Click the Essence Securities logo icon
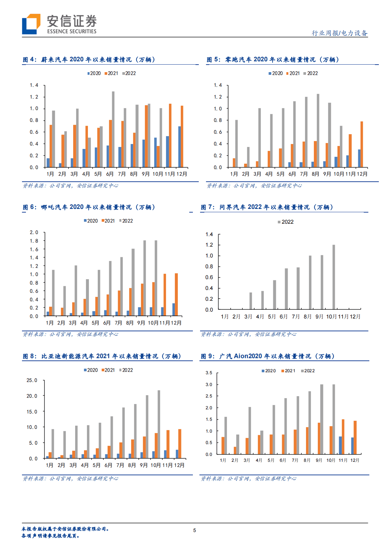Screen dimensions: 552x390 pos(31,24)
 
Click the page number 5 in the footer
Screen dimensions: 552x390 pos(195,530)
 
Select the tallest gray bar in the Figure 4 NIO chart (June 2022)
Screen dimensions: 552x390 pos(113,129)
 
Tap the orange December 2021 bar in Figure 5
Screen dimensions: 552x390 pos(362,144)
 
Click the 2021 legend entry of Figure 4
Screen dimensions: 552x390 pos(111,73)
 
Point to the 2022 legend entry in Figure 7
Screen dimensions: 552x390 pos(286,222)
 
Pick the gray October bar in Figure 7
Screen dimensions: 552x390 pos(334,277)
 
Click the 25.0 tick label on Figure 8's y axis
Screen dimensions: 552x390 pos(32,380)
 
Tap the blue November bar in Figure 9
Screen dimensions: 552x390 pos(340,445)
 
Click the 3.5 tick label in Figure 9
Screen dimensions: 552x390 pos(209,373)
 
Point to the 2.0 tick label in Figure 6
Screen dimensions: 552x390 pos(34,233)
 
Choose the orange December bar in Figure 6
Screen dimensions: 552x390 pos(176,295)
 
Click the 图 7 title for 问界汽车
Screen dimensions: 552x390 pos(267,207)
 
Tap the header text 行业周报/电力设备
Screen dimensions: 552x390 pos(339,33)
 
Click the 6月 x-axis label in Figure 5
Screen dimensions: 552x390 pos(292,174)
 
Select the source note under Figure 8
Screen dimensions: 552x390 pos(71,479)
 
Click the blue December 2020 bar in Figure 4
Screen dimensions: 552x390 pos(179,147)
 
